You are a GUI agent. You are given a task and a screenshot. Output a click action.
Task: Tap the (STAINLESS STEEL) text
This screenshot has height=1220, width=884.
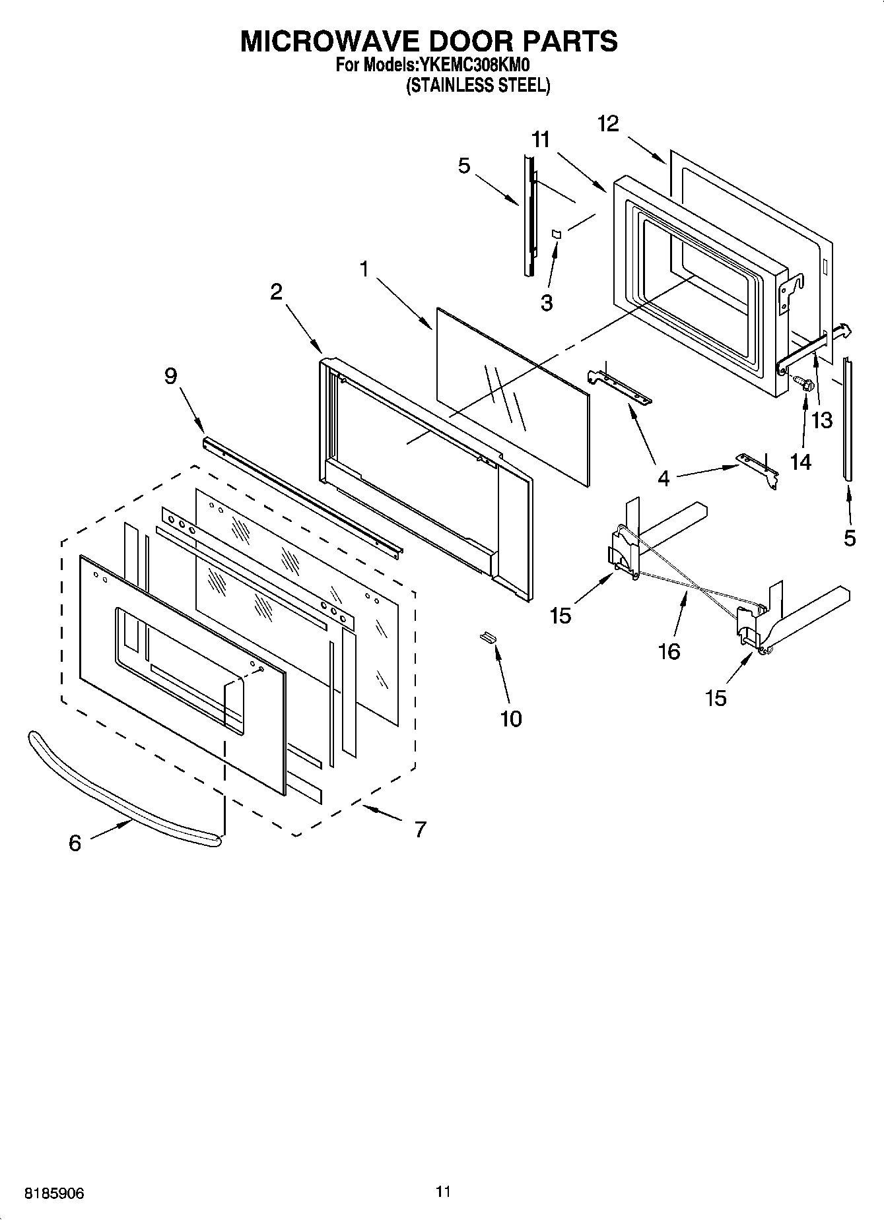pyautogui.click(x=477, y=85)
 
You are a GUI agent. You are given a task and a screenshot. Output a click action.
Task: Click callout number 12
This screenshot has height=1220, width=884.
pyautogui.click(x=608, y=123)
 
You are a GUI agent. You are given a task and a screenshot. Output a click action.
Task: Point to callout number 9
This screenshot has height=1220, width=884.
pyautogui.click(x=170, y=376)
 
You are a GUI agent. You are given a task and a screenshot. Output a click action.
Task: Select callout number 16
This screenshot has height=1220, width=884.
pyautogui.click(x=669, y=651)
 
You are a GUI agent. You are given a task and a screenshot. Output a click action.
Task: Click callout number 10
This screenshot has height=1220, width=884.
pyautogui.click(x=511, y=719)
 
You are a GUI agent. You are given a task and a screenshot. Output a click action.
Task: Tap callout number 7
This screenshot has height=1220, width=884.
pyautogui.click(x=421, y=829)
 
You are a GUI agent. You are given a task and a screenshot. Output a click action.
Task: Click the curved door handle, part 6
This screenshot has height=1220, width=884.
pyautogui.click(x=119, y=785)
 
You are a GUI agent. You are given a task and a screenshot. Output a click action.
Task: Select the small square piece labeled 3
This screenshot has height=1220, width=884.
pyautogui.click(x=556, y=234)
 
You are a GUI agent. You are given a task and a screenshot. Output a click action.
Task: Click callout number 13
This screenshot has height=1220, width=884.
pyautogui.click(x=822, y=420)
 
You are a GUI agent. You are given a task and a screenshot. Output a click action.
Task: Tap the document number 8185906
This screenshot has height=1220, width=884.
pyautogui.click(x=55, y=1193)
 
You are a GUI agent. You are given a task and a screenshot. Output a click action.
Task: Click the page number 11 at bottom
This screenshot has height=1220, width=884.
pyautogui.click(x=442, y=1191)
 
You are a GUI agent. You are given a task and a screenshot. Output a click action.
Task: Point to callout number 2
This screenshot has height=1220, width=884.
pyautogui.click(x=276, y=292)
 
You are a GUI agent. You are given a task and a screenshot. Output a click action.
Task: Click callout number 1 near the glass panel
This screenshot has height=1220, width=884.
pyautogui.click(x=364, y=269)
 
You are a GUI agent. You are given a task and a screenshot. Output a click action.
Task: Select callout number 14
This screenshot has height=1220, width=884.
pyautogui.click(x=800, y=462)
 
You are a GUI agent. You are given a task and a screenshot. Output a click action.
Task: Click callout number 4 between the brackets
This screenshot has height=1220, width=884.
pyautogui.click(x=663, y=478)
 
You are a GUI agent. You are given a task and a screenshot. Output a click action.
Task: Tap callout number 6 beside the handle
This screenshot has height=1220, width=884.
pyautogui.click(x=75, y=843)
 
